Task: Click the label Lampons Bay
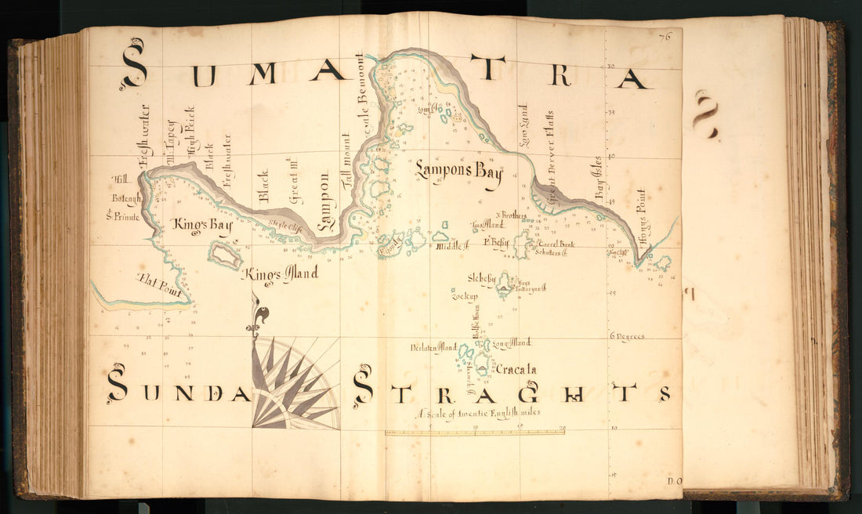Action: point(458,171)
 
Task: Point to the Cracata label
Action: point(516,369)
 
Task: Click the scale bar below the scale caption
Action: point(474,431)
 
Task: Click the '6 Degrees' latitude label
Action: point(627,337)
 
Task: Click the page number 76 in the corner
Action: point(666,35)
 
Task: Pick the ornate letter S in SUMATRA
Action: point(134,64)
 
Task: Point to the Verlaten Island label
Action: point(433,347)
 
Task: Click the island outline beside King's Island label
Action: point(225,255)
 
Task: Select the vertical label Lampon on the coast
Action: point(324,203)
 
